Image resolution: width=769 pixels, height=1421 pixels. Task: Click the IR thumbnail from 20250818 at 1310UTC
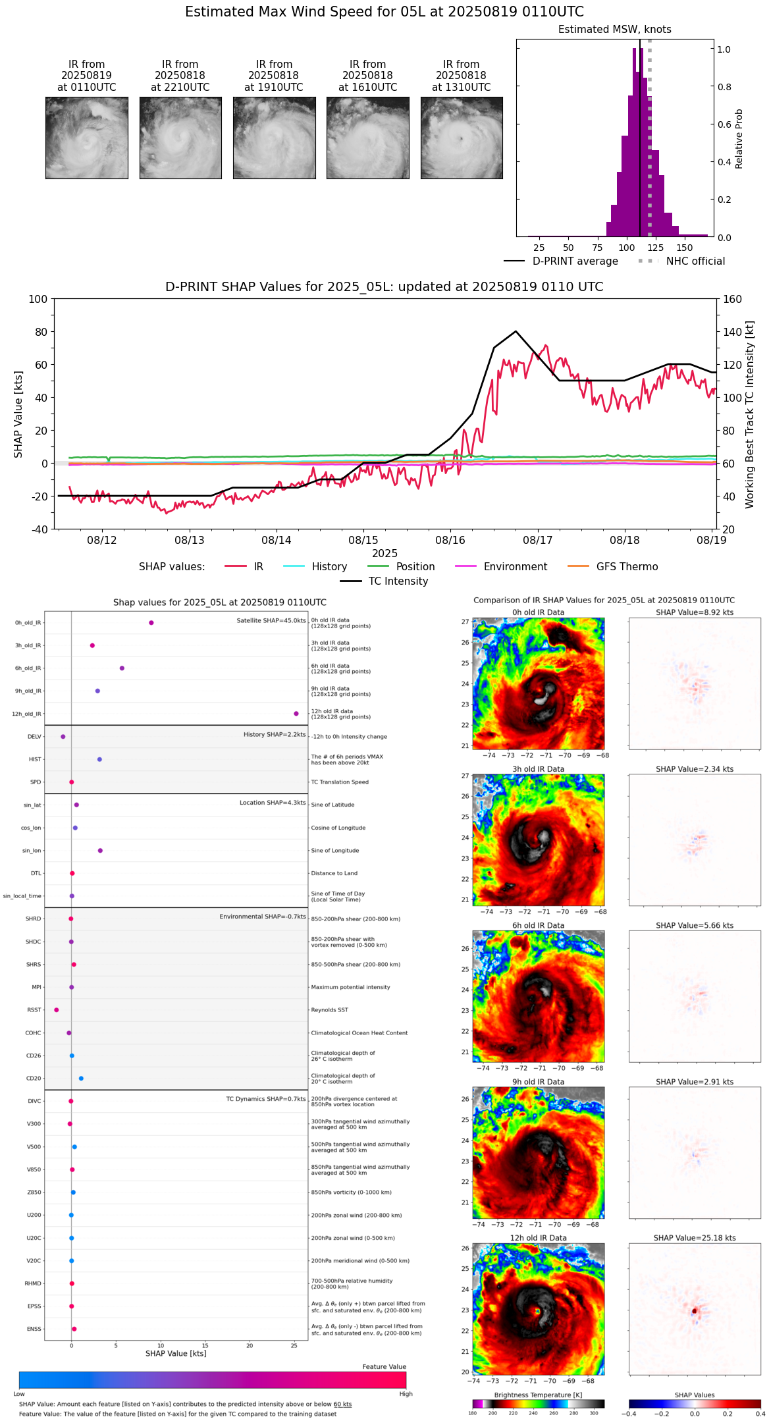[462, 138]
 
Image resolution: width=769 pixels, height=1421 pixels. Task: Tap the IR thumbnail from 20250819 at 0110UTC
[86, 138]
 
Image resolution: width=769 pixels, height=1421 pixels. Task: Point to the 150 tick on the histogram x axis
[685, 248]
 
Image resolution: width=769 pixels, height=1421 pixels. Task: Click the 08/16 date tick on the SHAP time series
[450, 540]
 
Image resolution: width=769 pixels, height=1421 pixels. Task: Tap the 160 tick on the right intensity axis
[733, 300]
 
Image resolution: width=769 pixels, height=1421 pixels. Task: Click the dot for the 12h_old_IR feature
[296, 714]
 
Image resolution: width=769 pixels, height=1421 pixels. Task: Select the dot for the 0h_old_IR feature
[151, 623]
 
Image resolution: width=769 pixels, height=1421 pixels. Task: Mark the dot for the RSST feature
[57, 1010]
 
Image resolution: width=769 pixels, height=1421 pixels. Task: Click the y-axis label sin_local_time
[22, 896]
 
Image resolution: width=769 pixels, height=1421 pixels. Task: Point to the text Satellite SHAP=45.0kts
[271, 621]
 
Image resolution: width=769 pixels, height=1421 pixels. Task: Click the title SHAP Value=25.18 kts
[694, 1238]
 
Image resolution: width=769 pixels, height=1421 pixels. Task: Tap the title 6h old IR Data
[538, 925]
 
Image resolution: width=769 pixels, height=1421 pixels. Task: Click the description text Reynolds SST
[329, 1010]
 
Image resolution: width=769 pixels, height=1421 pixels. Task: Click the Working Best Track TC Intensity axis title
[750, 415]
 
